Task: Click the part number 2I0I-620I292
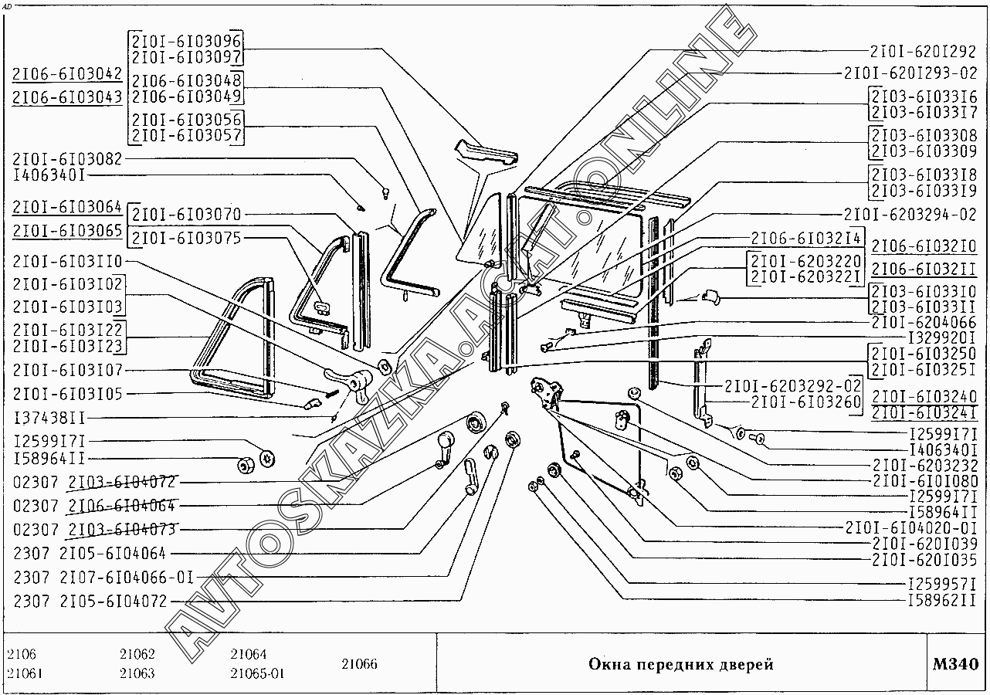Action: click(x=923, y=52)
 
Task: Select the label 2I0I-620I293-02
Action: click(x=910, y=73)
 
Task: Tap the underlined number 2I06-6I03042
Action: click(x=68, y=74)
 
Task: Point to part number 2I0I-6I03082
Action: click(x=67, y=159)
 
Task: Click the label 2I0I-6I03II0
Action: click(x=67, y=260)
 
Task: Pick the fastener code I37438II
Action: click(x=50, y=418)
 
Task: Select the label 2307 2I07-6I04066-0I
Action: click(x=103, y=577)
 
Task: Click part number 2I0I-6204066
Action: click(x=924, y=321)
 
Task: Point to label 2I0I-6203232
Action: click(x=924, y=466)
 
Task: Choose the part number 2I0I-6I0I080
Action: click(x=924, y=481)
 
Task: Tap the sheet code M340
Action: click(x=955, y=664)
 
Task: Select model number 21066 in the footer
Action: click(x=359, y=664)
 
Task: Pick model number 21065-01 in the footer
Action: click(x=257, y=673)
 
